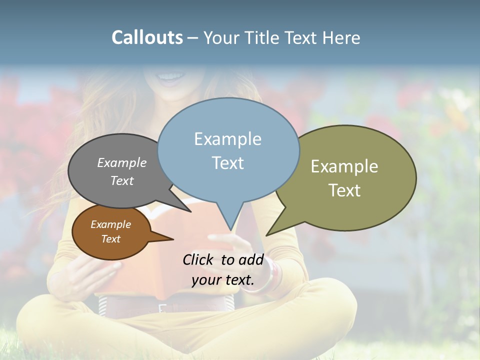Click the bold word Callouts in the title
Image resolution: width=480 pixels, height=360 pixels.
pos(147,38)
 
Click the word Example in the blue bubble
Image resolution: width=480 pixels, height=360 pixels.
pos(227,139)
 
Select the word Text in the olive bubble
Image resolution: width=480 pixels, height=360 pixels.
pos(344,190)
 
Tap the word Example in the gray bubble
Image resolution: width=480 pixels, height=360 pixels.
pos(122,162)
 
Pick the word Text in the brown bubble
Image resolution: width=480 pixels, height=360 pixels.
pos(111,239)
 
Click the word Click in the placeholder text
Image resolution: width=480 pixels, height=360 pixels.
pos(199,259)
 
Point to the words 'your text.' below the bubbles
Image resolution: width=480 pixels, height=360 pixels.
pos(223,280)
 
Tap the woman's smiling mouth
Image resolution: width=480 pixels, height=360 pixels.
pos(171,77)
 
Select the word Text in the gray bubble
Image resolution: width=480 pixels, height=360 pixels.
pos(122,180)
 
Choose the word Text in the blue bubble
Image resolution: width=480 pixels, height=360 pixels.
pos(228,163)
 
